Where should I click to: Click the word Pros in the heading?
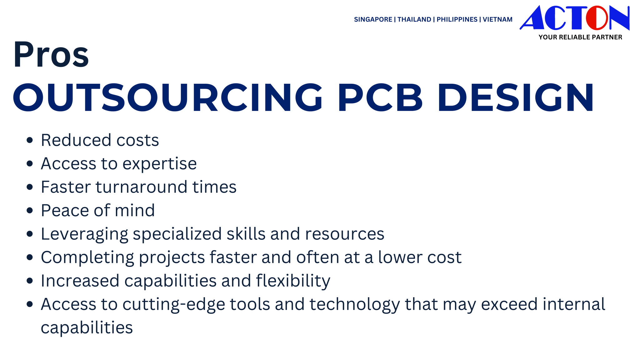(51, 54)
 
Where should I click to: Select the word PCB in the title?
(380, 97)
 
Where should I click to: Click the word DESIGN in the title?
(516, 97)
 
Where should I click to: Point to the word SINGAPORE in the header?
(373, 19)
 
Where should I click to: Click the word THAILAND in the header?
(414, 19)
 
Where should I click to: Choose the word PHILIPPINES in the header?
(457, 19)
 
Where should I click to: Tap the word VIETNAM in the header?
(497, 19)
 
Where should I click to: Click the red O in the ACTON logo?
(597, 18)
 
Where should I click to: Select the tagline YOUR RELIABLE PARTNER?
(580, 37)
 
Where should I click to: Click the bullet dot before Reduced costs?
(30, 140)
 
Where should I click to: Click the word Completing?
(87, 257)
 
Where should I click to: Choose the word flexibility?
(293, 281)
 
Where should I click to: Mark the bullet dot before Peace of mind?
(30, 210)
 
